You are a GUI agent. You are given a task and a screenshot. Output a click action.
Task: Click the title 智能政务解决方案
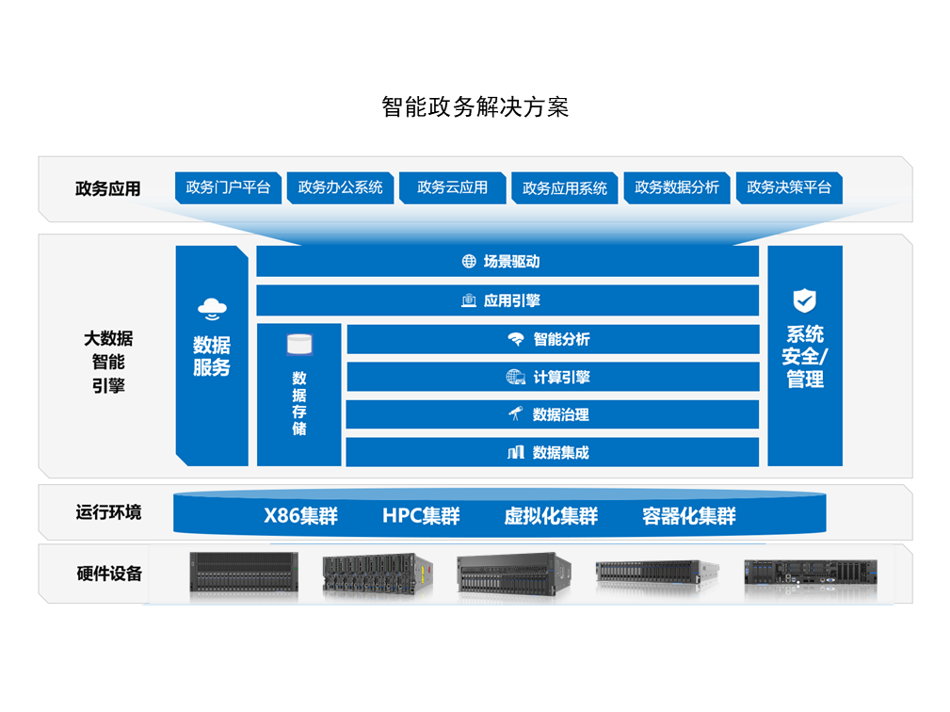475,106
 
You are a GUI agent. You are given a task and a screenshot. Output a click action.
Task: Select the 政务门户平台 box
229,187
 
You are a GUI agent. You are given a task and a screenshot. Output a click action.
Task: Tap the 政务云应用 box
453,187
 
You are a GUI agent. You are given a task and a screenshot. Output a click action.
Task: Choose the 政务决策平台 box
789,187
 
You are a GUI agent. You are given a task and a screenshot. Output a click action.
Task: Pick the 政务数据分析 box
677,187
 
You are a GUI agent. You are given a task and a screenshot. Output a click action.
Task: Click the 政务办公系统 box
341,187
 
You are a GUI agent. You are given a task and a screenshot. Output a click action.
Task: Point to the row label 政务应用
107,188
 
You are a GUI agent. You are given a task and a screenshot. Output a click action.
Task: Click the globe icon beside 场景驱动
469,262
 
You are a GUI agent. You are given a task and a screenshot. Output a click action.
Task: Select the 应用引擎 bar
507,301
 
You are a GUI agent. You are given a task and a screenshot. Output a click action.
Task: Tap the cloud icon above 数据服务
212,307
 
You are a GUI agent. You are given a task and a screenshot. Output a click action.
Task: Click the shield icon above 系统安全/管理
804,301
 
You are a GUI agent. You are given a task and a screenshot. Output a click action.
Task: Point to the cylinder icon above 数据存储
298,344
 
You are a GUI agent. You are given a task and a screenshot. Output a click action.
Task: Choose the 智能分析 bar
553,339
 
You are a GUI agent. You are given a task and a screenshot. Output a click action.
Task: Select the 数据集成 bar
553,453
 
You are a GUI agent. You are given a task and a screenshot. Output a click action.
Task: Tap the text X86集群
300,516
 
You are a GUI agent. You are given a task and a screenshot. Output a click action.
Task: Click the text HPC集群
421,516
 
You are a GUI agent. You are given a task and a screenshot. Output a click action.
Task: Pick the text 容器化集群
689,516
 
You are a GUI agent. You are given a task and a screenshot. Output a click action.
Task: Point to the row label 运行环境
108,512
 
